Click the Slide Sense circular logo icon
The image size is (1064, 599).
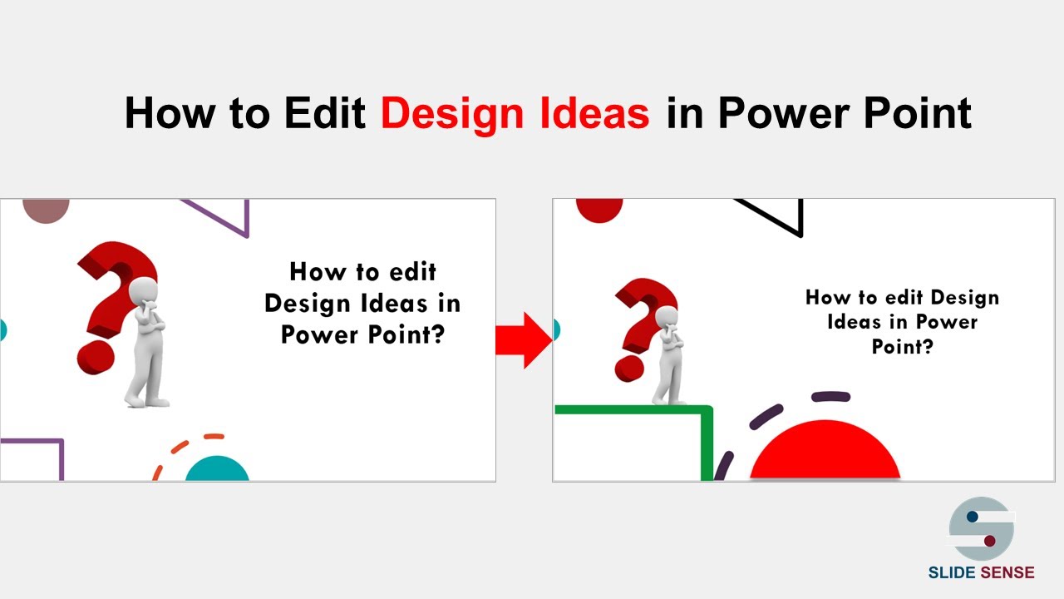(x=981, y=529)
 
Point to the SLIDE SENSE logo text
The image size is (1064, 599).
(x=981, y=572)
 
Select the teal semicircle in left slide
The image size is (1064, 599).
(x=217, y=470)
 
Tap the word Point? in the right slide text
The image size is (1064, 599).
(x=902, y=345)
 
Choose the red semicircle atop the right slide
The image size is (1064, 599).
(x=599, y=209)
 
